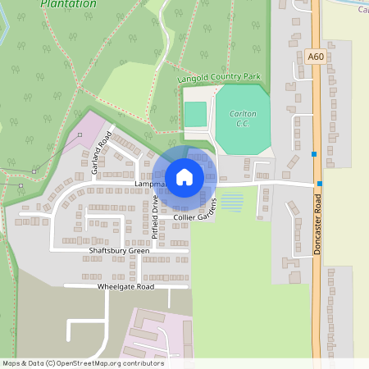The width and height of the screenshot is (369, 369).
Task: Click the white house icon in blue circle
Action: [184, 176]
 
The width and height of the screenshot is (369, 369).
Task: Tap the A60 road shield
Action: [315, 57]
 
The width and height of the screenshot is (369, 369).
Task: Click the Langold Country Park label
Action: [219, 78]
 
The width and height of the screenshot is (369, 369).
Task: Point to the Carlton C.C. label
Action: [243, 118]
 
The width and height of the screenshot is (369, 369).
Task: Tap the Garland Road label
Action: [101, 157]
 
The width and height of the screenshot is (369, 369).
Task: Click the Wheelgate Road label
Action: [125, 287]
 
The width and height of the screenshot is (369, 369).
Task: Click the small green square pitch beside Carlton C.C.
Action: [195, 114]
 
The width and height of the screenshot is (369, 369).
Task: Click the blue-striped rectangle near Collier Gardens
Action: [232, 201]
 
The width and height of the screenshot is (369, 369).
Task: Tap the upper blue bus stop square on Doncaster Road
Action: [313, 153]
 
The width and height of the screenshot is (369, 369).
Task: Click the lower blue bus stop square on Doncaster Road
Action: [320, 184]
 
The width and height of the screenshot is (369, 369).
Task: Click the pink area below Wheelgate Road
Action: [156, 332]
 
